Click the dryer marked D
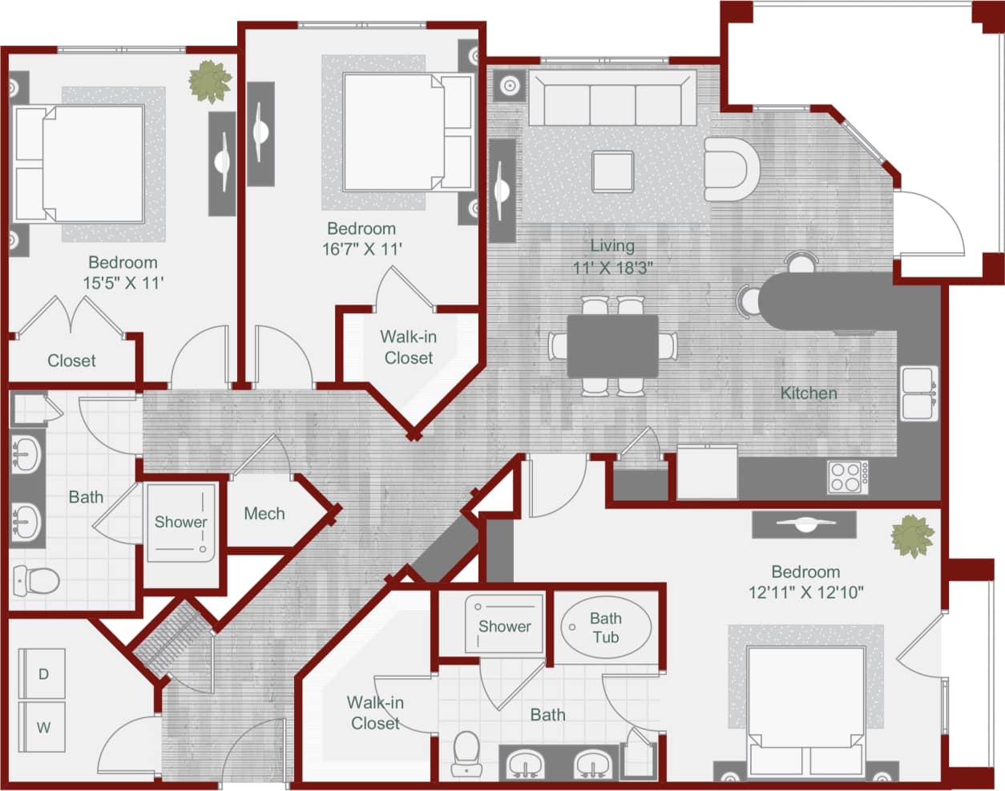point(42,674)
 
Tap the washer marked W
point(42,728)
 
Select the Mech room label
point(264,514)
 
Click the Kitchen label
point(808,393)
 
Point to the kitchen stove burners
point(846,477)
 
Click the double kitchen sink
point(918,393)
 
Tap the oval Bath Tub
point(605,628)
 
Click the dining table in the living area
point(613,345)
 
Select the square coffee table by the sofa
point(612,171)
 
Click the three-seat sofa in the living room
point(612,98)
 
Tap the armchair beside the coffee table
point(729,169)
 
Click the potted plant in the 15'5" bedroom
point(210,81)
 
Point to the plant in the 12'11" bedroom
point(912,535)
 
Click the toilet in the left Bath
point(35,579)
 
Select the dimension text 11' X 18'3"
point(612,268)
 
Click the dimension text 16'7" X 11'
point(362,249)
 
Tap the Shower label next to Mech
point(180,522)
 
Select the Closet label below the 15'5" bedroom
point(71,361)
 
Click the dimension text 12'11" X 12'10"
point(805,593)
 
